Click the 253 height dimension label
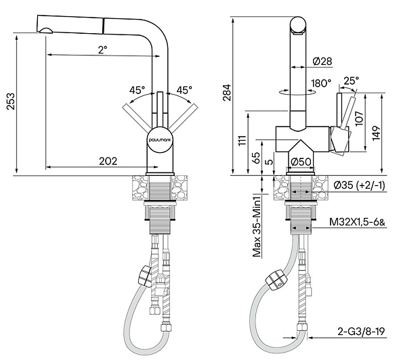coord(11,102)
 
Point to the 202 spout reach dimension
coord(108,161)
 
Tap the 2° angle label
coord(103,49)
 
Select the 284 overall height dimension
coord(226,93)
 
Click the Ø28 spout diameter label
coord(322,62)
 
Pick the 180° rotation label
coord(321,83)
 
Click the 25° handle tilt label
coord(351,81)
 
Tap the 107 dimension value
coord(359,118)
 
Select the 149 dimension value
coord(376,133)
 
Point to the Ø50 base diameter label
coord(301,162)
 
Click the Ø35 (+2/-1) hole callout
coord(359,185)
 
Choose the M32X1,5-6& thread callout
coord(357,222)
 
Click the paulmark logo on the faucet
coord(161,139)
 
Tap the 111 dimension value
coord(243,140)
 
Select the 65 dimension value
coord(257,158)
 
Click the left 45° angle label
coord(137,90)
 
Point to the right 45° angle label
coord(184,90)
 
